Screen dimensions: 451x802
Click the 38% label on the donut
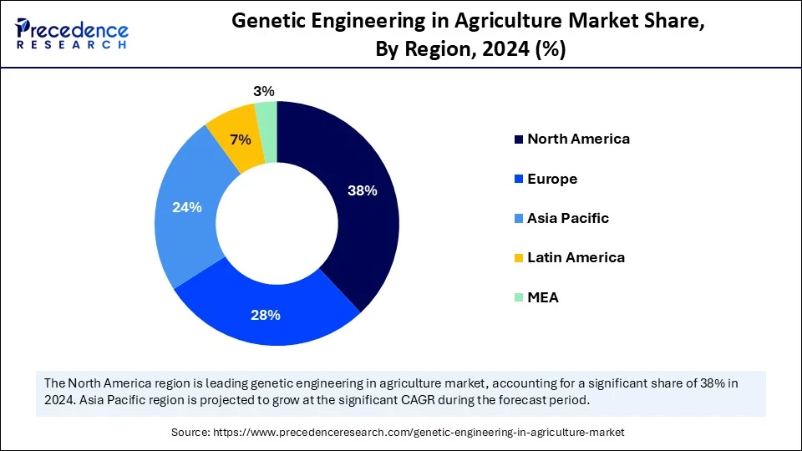point(363,190)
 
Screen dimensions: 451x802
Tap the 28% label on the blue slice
point(266,315)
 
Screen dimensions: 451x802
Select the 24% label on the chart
point(186,207)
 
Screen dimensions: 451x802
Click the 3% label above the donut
point(264,92)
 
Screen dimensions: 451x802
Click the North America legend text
point(578,139)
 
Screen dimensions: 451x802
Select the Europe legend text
point(552,179)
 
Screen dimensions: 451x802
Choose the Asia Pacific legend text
point(568,218)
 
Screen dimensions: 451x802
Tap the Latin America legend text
point(576,257)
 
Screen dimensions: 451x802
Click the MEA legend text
point(543,297)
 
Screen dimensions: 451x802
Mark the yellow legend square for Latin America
point(519,258)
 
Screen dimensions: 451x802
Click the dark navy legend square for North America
point(519,139)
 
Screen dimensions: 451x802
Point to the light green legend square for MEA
point(519,298)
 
